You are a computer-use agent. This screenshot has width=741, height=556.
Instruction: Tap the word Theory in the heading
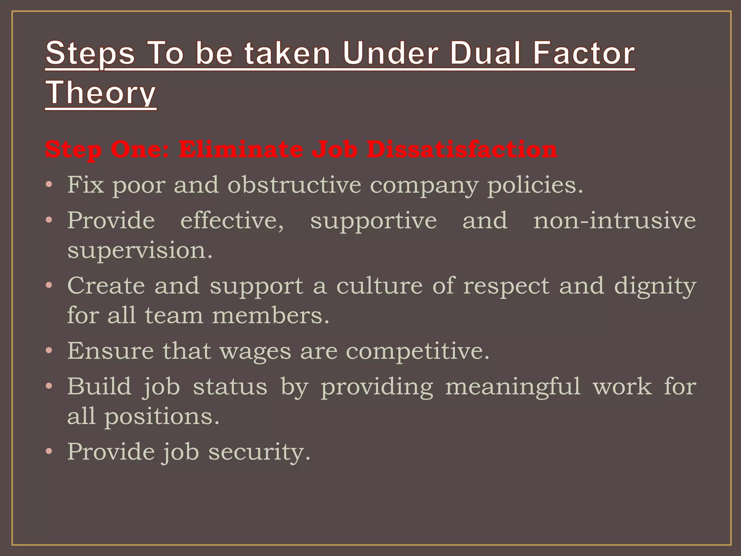(x=101, y=93)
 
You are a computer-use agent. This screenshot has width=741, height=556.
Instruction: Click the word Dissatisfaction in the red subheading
(x=462, y=149)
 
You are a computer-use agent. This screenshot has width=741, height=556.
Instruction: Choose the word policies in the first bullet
(x=535, y=186)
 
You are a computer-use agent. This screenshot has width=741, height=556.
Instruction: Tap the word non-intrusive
(x=614, y=220)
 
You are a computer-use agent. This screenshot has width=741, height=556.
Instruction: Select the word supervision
(x=140, y=250)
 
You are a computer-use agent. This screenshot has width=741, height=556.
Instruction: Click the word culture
(x=379, y=286)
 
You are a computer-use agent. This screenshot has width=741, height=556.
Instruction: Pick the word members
(x=270, y=315)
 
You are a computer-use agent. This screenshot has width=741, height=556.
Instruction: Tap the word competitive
(x=418, y=351)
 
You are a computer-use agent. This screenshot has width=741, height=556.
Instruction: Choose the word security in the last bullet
(x=259, y=452)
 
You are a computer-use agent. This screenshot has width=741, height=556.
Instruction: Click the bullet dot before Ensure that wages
(x=49, y=351)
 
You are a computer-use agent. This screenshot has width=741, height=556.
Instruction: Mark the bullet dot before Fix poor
(x=49, y=185)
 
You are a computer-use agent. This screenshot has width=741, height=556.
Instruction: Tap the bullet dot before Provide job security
(x=49, y=452)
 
